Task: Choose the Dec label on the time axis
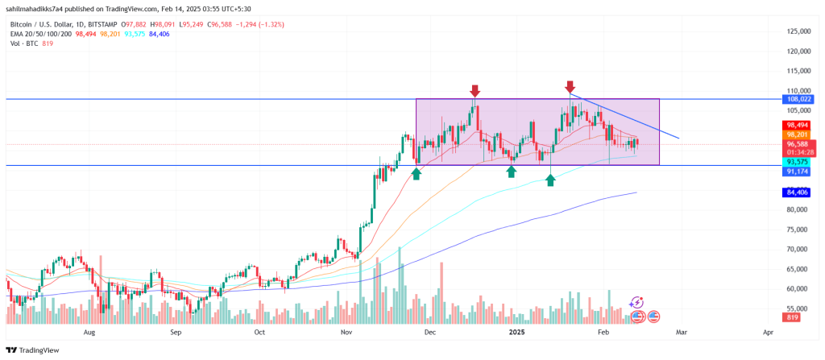tap(429, 332)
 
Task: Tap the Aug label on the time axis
tap(89, 332)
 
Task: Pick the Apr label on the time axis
tap(768, 332)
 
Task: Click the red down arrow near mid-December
tap(475, 91)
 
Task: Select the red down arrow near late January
tap(570, 86)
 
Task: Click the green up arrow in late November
tap(417, 173)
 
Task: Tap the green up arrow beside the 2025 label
tap(512, 172)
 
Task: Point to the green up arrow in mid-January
tap(550, 180)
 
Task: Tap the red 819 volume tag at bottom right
tap(793, 317)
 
